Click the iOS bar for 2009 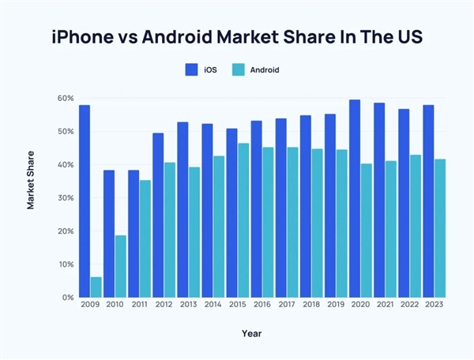coord(85,201)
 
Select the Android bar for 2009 coord(96,287)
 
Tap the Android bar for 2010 coord(121,266)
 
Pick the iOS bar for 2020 coord(355,199)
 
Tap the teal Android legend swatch coord(237,69)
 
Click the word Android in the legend coord(265,69)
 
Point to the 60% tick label coord(65,98)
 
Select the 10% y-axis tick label coord(65,264)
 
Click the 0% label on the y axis coord(67,298)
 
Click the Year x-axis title coord(252,334)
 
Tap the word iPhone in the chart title coord(87,36)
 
